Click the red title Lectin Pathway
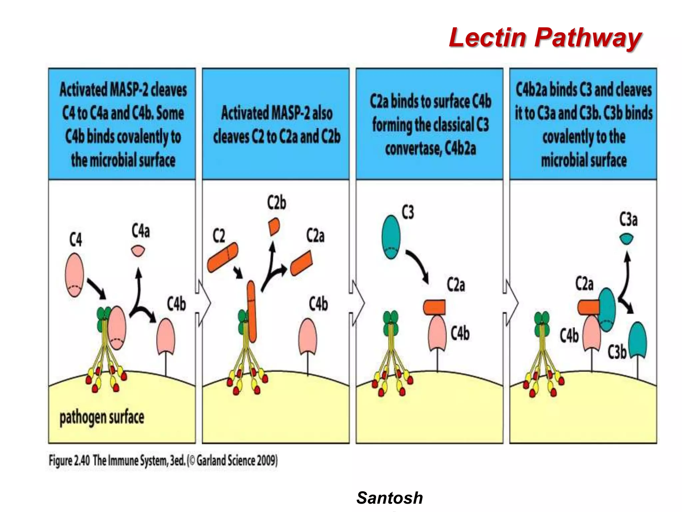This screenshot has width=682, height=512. point(545,37)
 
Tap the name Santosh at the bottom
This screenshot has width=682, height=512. point(389,498)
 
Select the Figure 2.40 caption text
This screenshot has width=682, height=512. point(163,460)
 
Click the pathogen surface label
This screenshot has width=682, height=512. point(102,417)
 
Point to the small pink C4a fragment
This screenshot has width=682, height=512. point(138,250)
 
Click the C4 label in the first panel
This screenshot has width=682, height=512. point(76,239)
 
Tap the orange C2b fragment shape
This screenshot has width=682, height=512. point(274,227)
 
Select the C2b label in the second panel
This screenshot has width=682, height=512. point(276,203)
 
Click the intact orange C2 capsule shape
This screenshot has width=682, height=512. point(223,257)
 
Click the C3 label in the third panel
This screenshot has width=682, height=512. point(408,212)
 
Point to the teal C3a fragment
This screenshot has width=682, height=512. point(626,239)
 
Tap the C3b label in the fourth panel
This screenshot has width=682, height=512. point(617,352)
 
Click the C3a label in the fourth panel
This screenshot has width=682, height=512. point(628,220)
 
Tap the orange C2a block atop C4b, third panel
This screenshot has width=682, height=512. point(434,307)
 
